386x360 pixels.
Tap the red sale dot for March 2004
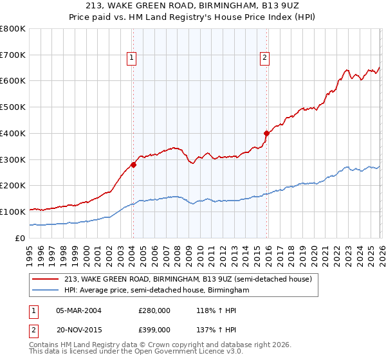tap(133, 165)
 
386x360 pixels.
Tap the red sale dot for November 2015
tap(266, 134)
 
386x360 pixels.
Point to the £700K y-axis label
tap(12, 55)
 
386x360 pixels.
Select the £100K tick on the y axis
tap(12, 212)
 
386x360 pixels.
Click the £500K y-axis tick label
tap(12, 107)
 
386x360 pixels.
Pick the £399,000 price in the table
tap(154, 329)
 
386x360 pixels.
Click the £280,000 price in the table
tap(154, 310)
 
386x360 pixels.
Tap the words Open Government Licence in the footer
tap(171, 352)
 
